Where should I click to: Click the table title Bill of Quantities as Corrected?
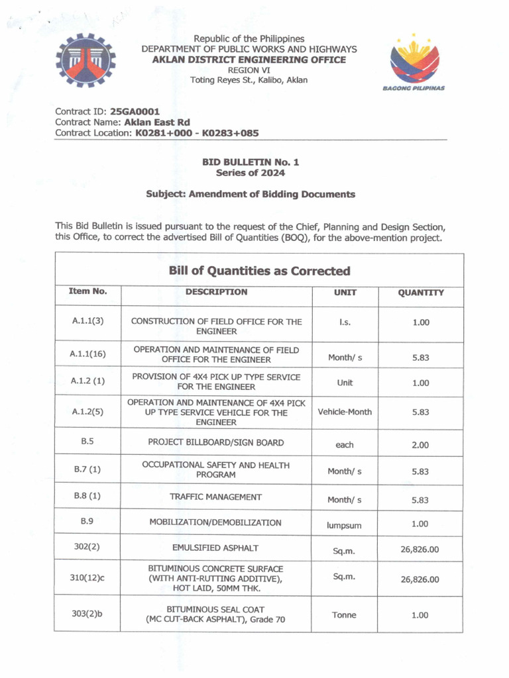259,271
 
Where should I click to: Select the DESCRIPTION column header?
216,292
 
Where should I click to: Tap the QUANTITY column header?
420,293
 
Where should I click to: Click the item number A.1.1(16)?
87,354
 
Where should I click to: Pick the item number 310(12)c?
87,578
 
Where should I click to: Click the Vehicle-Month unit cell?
345,412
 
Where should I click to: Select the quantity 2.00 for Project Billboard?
420,445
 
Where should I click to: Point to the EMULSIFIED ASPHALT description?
215,548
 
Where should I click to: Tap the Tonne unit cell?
345,615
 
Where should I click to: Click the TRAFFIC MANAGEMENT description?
215,497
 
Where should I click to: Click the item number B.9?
87,521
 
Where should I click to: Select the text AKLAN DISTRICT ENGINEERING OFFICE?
249,60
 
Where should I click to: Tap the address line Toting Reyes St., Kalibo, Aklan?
249,80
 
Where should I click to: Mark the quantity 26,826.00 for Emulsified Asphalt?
420,550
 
